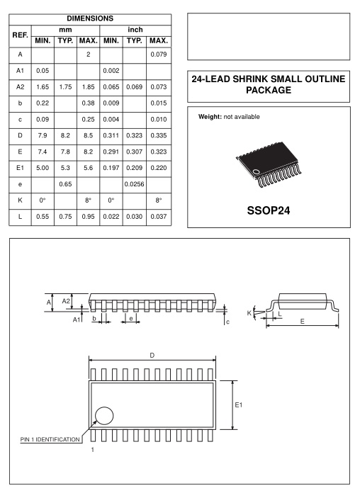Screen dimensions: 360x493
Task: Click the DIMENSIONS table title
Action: coord(90,18)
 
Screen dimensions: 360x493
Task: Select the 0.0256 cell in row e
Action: coord(135,184)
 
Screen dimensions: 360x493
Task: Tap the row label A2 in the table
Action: coord(20,87)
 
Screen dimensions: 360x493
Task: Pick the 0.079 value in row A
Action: coord(159,55)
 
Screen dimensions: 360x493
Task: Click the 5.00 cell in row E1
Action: coord(43,168)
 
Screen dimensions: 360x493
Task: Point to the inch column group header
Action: coord(135,30)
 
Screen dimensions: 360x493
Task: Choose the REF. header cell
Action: coord(20,35)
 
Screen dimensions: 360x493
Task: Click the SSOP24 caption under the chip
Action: coord(269,210)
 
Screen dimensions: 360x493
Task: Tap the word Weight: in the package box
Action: coord(210,117)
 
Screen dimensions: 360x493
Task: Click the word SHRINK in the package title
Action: coord(250,79)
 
